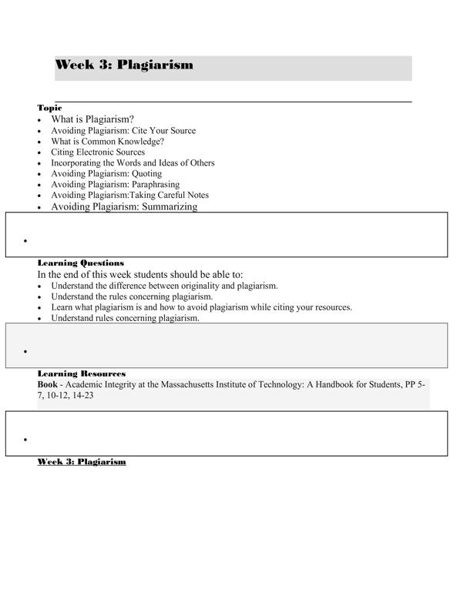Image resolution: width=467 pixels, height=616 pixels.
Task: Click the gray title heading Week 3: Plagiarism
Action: pos(124,65)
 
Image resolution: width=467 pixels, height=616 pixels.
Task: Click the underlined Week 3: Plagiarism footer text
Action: pos(82,462)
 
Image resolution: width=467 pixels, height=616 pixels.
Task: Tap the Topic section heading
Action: pos(49,108)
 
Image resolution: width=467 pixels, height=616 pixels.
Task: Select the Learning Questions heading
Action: pos(80,263)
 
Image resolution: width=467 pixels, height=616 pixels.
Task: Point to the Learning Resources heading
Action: pos(81,373)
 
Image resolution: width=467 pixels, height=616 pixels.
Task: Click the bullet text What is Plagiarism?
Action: pos(92,119)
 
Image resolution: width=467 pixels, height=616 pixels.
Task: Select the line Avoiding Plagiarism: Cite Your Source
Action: pos(123,131)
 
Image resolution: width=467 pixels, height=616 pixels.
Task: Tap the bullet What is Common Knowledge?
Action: pos(107,142)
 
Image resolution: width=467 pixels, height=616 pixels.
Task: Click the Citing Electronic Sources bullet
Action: pos(98,152)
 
